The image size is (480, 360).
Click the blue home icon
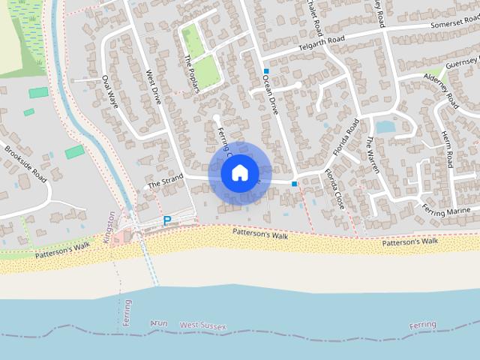point(239,172)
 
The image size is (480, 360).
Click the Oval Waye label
point(110,91)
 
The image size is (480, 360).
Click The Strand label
point(165,181)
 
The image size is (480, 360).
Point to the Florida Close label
point(333,189)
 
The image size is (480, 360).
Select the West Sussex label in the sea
point(203,325)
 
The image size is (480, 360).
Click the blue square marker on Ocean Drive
point(265,71)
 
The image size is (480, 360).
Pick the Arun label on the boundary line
point(159,322)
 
